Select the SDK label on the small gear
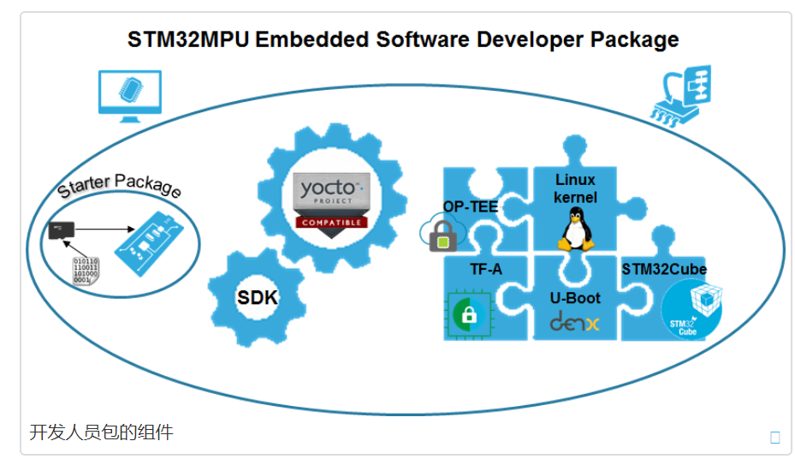pyautogui.click(x=258, y=297)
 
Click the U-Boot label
pyautogui.click(x=574, y=298)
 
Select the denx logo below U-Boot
pyautogui.click(x=574, y=323)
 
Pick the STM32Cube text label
pyautogui.click(x=664, y=269)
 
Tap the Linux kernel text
pyautogui.click(x=574, y=188)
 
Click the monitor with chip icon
pyautogui.click(x=129, y=92)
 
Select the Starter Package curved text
pyautogui.click(x=119, y=186)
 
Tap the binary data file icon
pyautogui.click(x=86, y=269)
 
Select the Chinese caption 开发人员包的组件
pyautogui.click(x=101, y=432)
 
